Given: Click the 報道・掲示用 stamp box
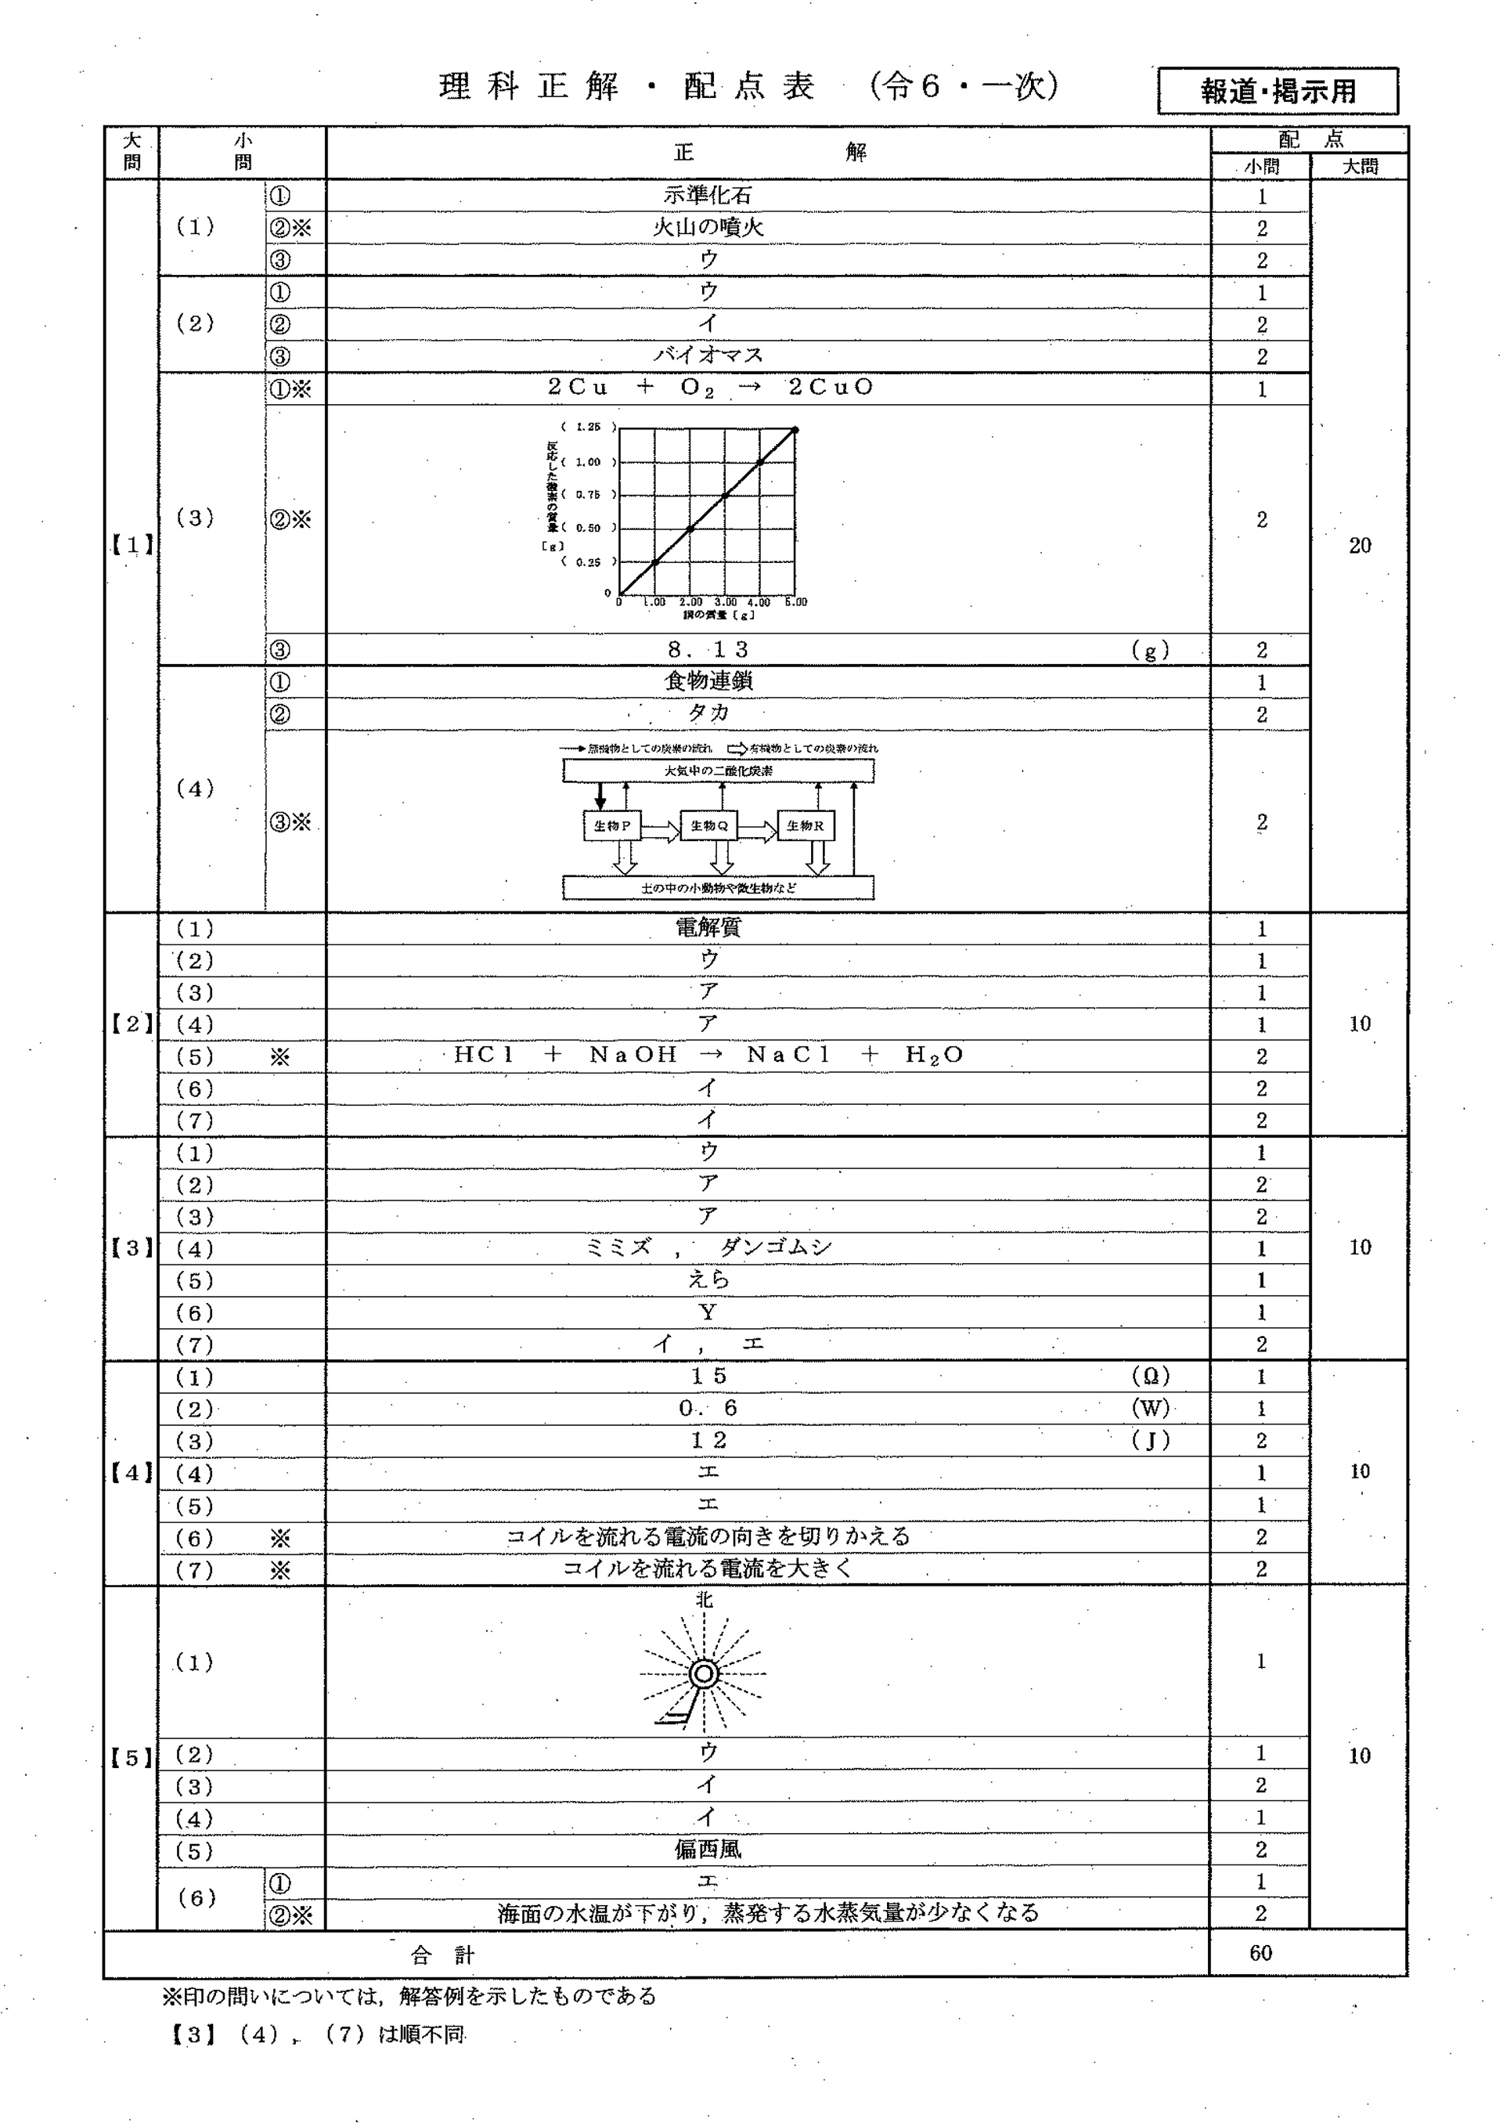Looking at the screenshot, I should click(1278, 91).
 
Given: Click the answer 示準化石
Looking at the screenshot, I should click(708, 196).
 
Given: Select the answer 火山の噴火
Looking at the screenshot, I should click(708, 227).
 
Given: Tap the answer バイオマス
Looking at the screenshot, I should click(708, 355).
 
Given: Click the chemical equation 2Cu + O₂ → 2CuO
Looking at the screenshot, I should click(710, 387).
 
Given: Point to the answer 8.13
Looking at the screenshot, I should click(708, 649).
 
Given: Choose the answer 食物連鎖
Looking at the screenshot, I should click(708, 681).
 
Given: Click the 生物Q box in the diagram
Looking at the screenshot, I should click(709, 825).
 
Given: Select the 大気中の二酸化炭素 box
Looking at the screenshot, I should click(718, 771).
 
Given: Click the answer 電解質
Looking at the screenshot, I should click(708, 928).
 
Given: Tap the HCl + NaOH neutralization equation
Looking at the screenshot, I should click(708, 1055).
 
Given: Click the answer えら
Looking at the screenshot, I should click(708, 1280).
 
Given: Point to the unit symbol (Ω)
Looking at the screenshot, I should click(1151, 1376).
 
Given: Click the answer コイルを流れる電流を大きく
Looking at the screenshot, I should click(708, 1568).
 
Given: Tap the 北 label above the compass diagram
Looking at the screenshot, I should click(705, 1600).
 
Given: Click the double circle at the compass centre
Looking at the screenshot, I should click(705, 1674).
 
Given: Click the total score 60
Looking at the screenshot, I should click(1260, 1953).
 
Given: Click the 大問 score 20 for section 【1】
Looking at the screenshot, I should click(1360, 545).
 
